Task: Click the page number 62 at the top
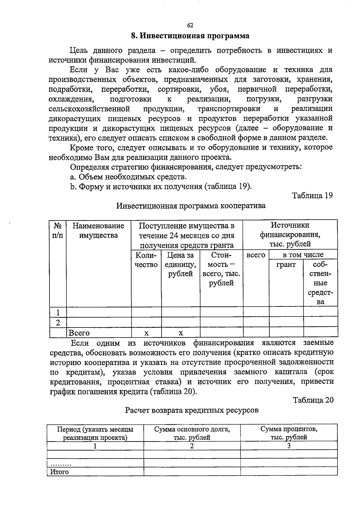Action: point(190,26)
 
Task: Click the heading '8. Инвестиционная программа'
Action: point(190,36)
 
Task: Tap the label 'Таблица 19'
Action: point(313,196)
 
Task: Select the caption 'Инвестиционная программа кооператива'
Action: point(191,206)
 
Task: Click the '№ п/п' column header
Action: point(58,230)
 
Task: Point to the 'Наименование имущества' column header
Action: point(98,230)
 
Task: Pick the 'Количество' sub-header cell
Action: point(146,260)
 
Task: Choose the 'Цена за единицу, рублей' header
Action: point(181,264)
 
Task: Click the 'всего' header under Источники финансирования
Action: point(256,255)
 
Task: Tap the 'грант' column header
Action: point(286,265)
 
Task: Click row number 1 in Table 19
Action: point(58,312)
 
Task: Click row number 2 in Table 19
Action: point(58,323)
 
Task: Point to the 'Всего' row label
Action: point(79,333)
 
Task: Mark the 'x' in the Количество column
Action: point(146,333)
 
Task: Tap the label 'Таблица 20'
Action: point(313,400)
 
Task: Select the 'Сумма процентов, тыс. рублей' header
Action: point(289,433)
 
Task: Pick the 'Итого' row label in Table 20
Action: point(59,472)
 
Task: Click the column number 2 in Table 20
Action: point(192,446)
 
